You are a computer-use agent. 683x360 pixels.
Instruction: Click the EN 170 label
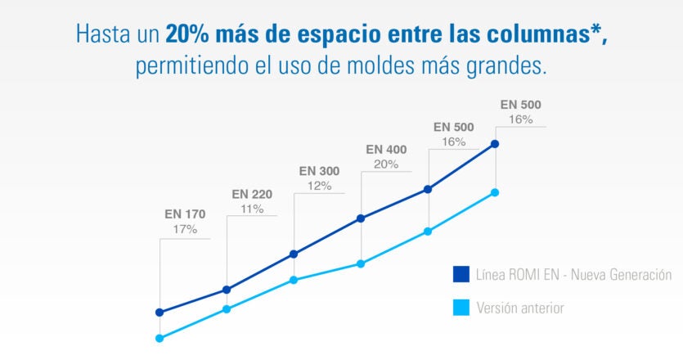click(x=185, y=214)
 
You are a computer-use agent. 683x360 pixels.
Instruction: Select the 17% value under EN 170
click(x=185, y=229)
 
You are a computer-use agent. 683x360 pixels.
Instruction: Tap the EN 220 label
click(x=252, y=194)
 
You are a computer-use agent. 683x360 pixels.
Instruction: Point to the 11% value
click(x=252, y=209)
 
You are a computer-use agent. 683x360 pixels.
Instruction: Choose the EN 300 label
click(x=319, y=171)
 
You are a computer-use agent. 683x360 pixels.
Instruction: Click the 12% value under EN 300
click(x=319, y=186)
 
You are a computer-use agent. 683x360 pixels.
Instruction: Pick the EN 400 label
click(x=386, y=149)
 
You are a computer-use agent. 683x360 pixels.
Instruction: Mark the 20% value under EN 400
click(x=386, y=164)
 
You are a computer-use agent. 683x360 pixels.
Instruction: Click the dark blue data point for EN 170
click(x=160, y=313)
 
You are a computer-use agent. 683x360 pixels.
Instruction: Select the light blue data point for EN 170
click(x=160, y=338)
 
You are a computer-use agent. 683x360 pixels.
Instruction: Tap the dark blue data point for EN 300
click(x=294, y=254)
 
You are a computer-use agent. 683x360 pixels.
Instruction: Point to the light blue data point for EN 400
click(x=361, y=263)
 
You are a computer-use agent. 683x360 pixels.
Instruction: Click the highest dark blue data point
click(x=495, y=144)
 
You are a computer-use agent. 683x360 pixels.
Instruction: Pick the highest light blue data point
click(x=495, y=192)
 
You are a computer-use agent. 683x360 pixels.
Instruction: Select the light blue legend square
click(x=461, y=308)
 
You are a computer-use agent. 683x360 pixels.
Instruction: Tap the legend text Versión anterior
click(x=520, y=308)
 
